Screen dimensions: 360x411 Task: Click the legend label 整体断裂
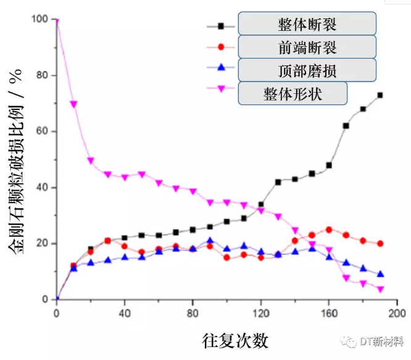click(307, 25)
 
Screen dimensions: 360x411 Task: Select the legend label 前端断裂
click(307, 48)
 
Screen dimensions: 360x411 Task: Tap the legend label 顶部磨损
click(307, 70)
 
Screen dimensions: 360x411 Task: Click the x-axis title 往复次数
click(235, 340)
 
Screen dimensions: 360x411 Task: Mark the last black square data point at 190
click(380, 95)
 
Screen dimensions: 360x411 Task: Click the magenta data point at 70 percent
click(74, 104)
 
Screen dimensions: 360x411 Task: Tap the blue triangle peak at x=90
click(210, 241)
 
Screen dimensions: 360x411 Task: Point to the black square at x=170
click(346, 125)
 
